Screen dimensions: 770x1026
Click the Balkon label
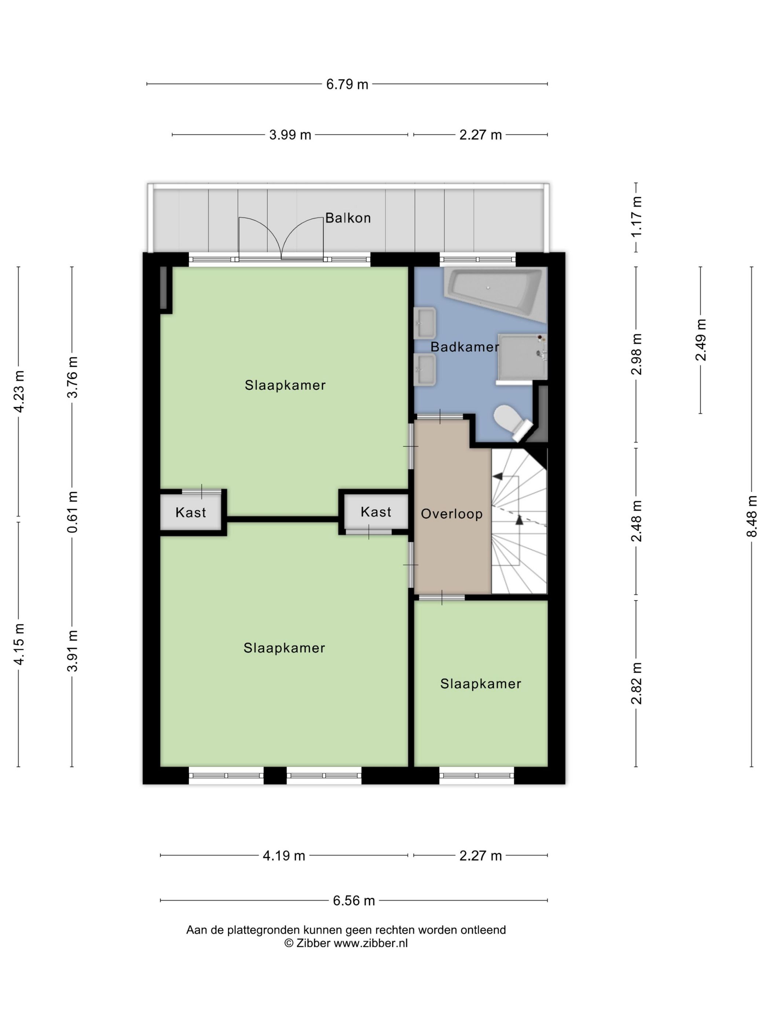tap(348, 218)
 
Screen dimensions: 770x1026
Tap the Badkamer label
tap(465, 347)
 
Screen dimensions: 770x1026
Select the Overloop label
tap(452, 514)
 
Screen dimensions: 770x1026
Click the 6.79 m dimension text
tap(347, 84)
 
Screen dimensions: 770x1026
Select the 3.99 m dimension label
tap(290, 135)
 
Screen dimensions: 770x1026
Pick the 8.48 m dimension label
tap(751, 516)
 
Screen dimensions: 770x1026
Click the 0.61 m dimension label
tap(72, 512)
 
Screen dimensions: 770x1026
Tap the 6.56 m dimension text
tap(354, 901)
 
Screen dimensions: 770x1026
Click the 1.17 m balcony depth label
tap(636, 217)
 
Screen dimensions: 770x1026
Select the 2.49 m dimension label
tap(700, 340)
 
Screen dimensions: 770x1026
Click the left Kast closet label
tap(191, 513)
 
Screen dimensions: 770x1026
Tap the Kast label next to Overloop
tap(376, 512)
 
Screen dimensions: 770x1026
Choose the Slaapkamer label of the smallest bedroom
tap(481, 684)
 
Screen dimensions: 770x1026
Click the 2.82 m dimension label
tap(636, 683)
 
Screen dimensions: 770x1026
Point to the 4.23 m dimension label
tap(19, 391)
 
